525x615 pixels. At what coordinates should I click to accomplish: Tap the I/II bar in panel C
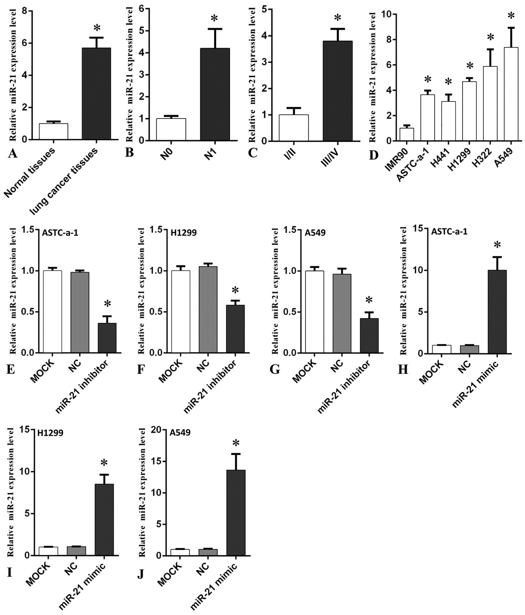(x=293, y=128)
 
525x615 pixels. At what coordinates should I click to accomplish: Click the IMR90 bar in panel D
(x=407, y=134)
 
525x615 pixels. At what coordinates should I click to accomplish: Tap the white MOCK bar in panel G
(x=314, y=312)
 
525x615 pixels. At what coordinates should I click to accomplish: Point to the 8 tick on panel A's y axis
(x=25, y=12)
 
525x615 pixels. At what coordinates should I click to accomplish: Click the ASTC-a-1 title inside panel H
(x=449, y=232)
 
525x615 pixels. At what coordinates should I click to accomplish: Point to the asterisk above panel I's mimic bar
(x=104, y=464)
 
